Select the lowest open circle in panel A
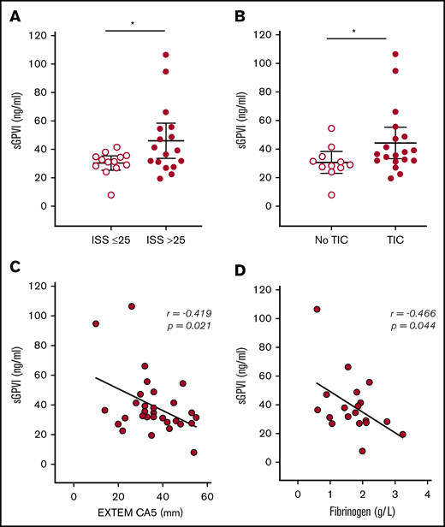(x=110, y=195)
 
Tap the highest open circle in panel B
(x=332, y=128)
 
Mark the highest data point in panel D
(x=317, y=310)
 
